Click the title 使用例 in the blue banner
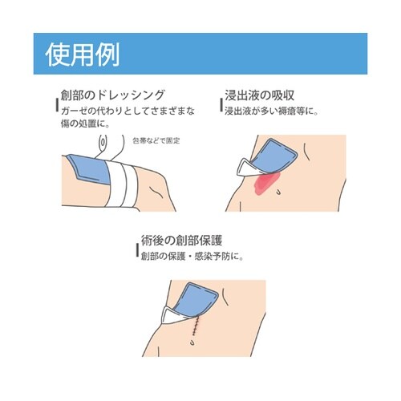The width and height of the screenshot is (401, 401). pyautogui.click(x=83, y=54)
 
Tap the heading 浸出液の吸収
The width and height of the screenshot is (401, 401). pyautogui.click(x=267, y=95)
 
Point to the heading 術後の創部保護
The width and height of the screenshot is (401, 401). pyautogui.click(x=186, y=240)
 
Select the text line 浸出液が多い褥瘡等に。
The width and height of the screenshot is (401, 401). pyautogui.click(x=271, y=110)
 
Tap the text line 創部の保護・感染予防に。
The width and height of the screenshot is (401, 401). pyautogui.click(x=191, y=256)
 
